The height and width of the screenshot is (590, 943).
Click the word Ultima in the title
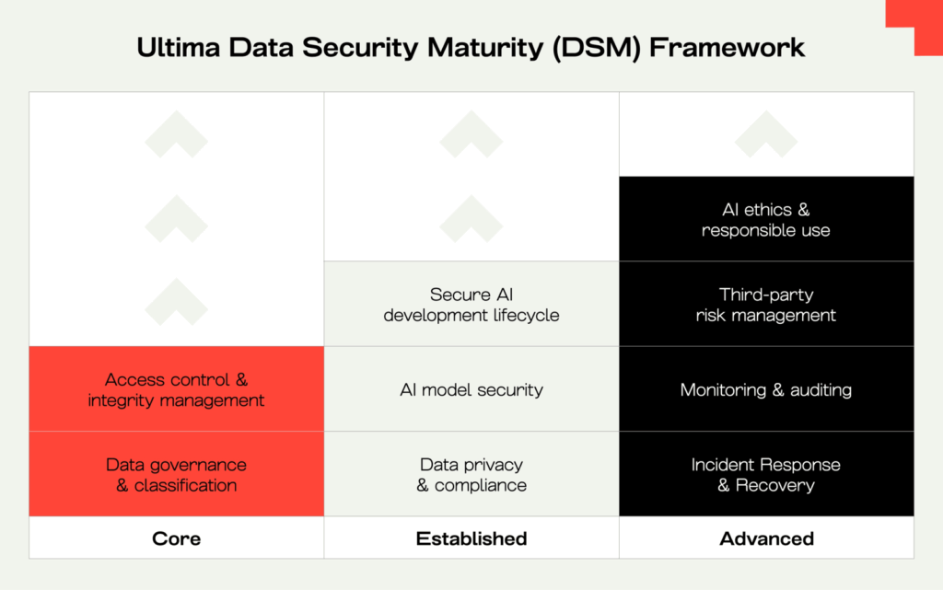click(x=179, y=48)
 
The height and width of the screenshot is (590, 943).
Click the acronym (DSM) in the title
click(x=597, y=48)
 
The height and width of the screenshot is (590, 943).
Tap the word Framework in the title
click(x=727, y=48)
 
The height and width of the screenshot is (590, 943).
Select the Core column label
click(x=176, y=538)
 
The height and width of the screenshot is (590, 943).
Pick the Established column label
click(x=471, y=538)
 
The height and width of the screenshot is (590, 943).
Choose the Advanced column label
click(x=767, y=538)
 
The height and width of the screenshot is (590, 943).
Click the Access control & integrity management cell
click(x=176, y=388)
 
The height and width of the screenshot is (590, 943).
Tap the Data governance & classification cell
click(x=176, y=474)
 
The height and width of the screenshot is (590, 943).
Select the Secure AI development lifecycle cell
click(x=471, y=304)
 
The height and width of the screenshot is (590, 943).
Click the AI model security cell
click(x=471, y=388)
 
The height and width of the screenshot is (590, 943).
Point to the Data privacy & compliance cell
click(x=471, y=474)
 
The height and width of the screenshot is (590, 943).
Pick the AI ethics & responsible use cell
click(x=766, y=219)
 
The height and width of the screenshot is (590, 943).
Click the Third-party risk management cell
click(x=766, y=304)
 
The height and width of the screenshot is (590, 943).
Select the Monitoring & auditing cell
click(x=766, y=388)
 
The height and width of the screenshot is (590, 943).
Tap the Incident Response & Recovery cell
click(x=766, y=474)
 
